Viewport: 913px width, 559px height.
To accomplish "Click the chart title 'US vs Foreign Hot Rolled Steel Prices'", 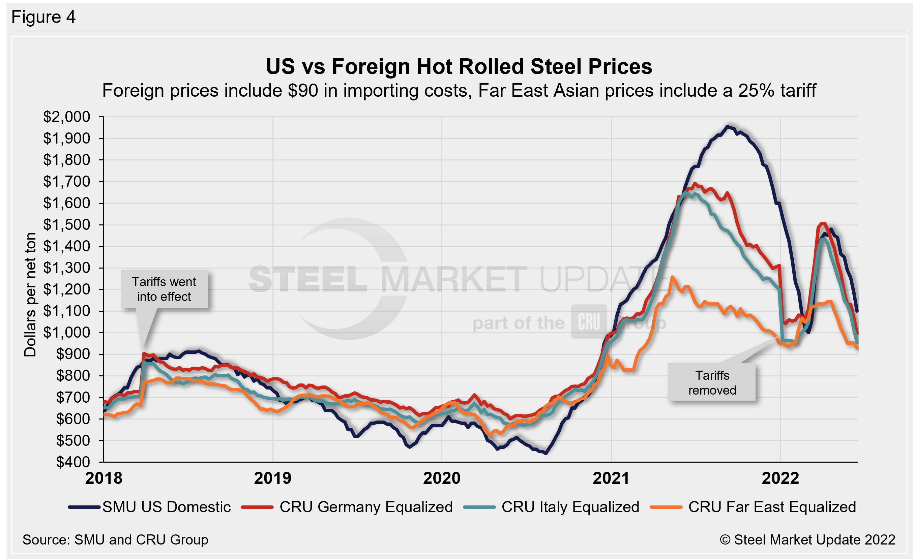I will pos(459,67).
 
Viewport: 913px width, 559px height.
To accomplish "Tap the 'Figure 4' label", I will pos(43,17).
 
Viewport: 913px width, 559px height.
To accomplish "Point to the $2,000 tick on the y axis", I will pos(67,117).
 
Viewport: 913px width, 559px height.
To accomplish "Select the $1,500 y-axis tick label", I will pos(67,225).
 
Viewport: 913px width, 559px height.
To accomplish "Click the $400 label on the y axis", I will pos(73,462).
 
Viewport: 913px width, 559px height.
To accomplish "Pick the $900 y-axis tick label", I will pos(73,354).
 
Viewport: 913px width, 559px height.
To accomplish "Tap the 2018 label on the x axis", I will pos(104,478).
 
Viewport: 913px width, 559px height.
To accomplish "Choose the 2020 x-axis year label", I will pos(442,478).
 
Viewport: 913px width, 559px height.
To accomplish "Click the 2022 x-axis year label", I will pos(781,478).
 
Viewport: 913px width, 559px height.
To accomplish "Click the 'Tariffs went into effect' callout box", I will pos(164,289).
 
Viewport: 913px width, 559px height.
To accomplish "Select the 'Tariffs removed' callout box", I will pos(712,382).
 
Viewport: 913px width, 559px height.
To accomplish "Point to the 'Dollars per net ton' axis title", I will pos(30,294).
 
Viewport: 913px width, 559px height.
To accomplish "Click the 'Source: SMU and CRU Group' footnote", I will pos(115,540).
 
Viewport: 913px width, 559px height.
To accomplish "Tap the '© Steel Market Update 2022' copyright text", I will pos(807,540).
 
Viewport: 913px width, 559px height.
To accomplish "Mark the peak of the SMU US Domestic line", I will pos(727,127).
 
